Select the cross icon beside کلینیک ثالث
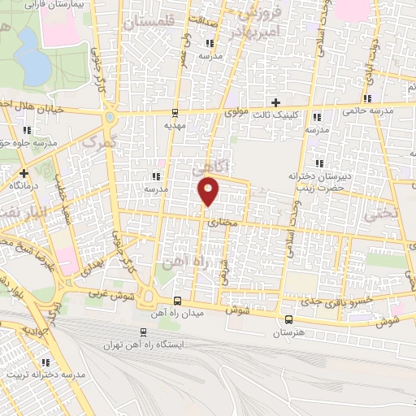pyautogui.click(x=275, y=102)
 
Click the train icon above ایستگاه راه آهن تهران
pyautogui.click(x=143, y=331)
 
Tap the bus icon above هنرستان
pyautogui.click(x=288, y=319)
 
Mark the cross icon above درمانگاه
pyautogui.click(x=24, y=172)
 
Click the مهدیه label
pyautogui.click(x=175, y=126)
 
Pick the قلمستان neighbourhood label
pyautogui.click(x=149, y=23)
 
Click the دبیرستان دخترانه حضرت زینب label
pyautogui.click(x=313, y=180)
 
